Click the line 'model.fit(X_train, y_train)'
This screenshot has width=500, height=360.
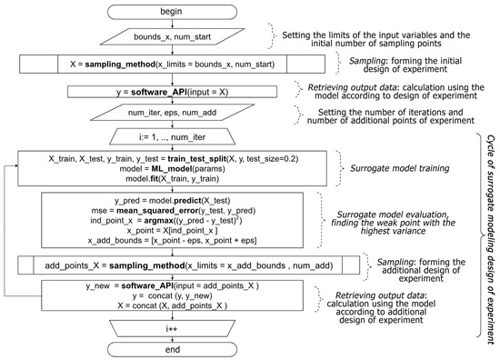tap(160, 180)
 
